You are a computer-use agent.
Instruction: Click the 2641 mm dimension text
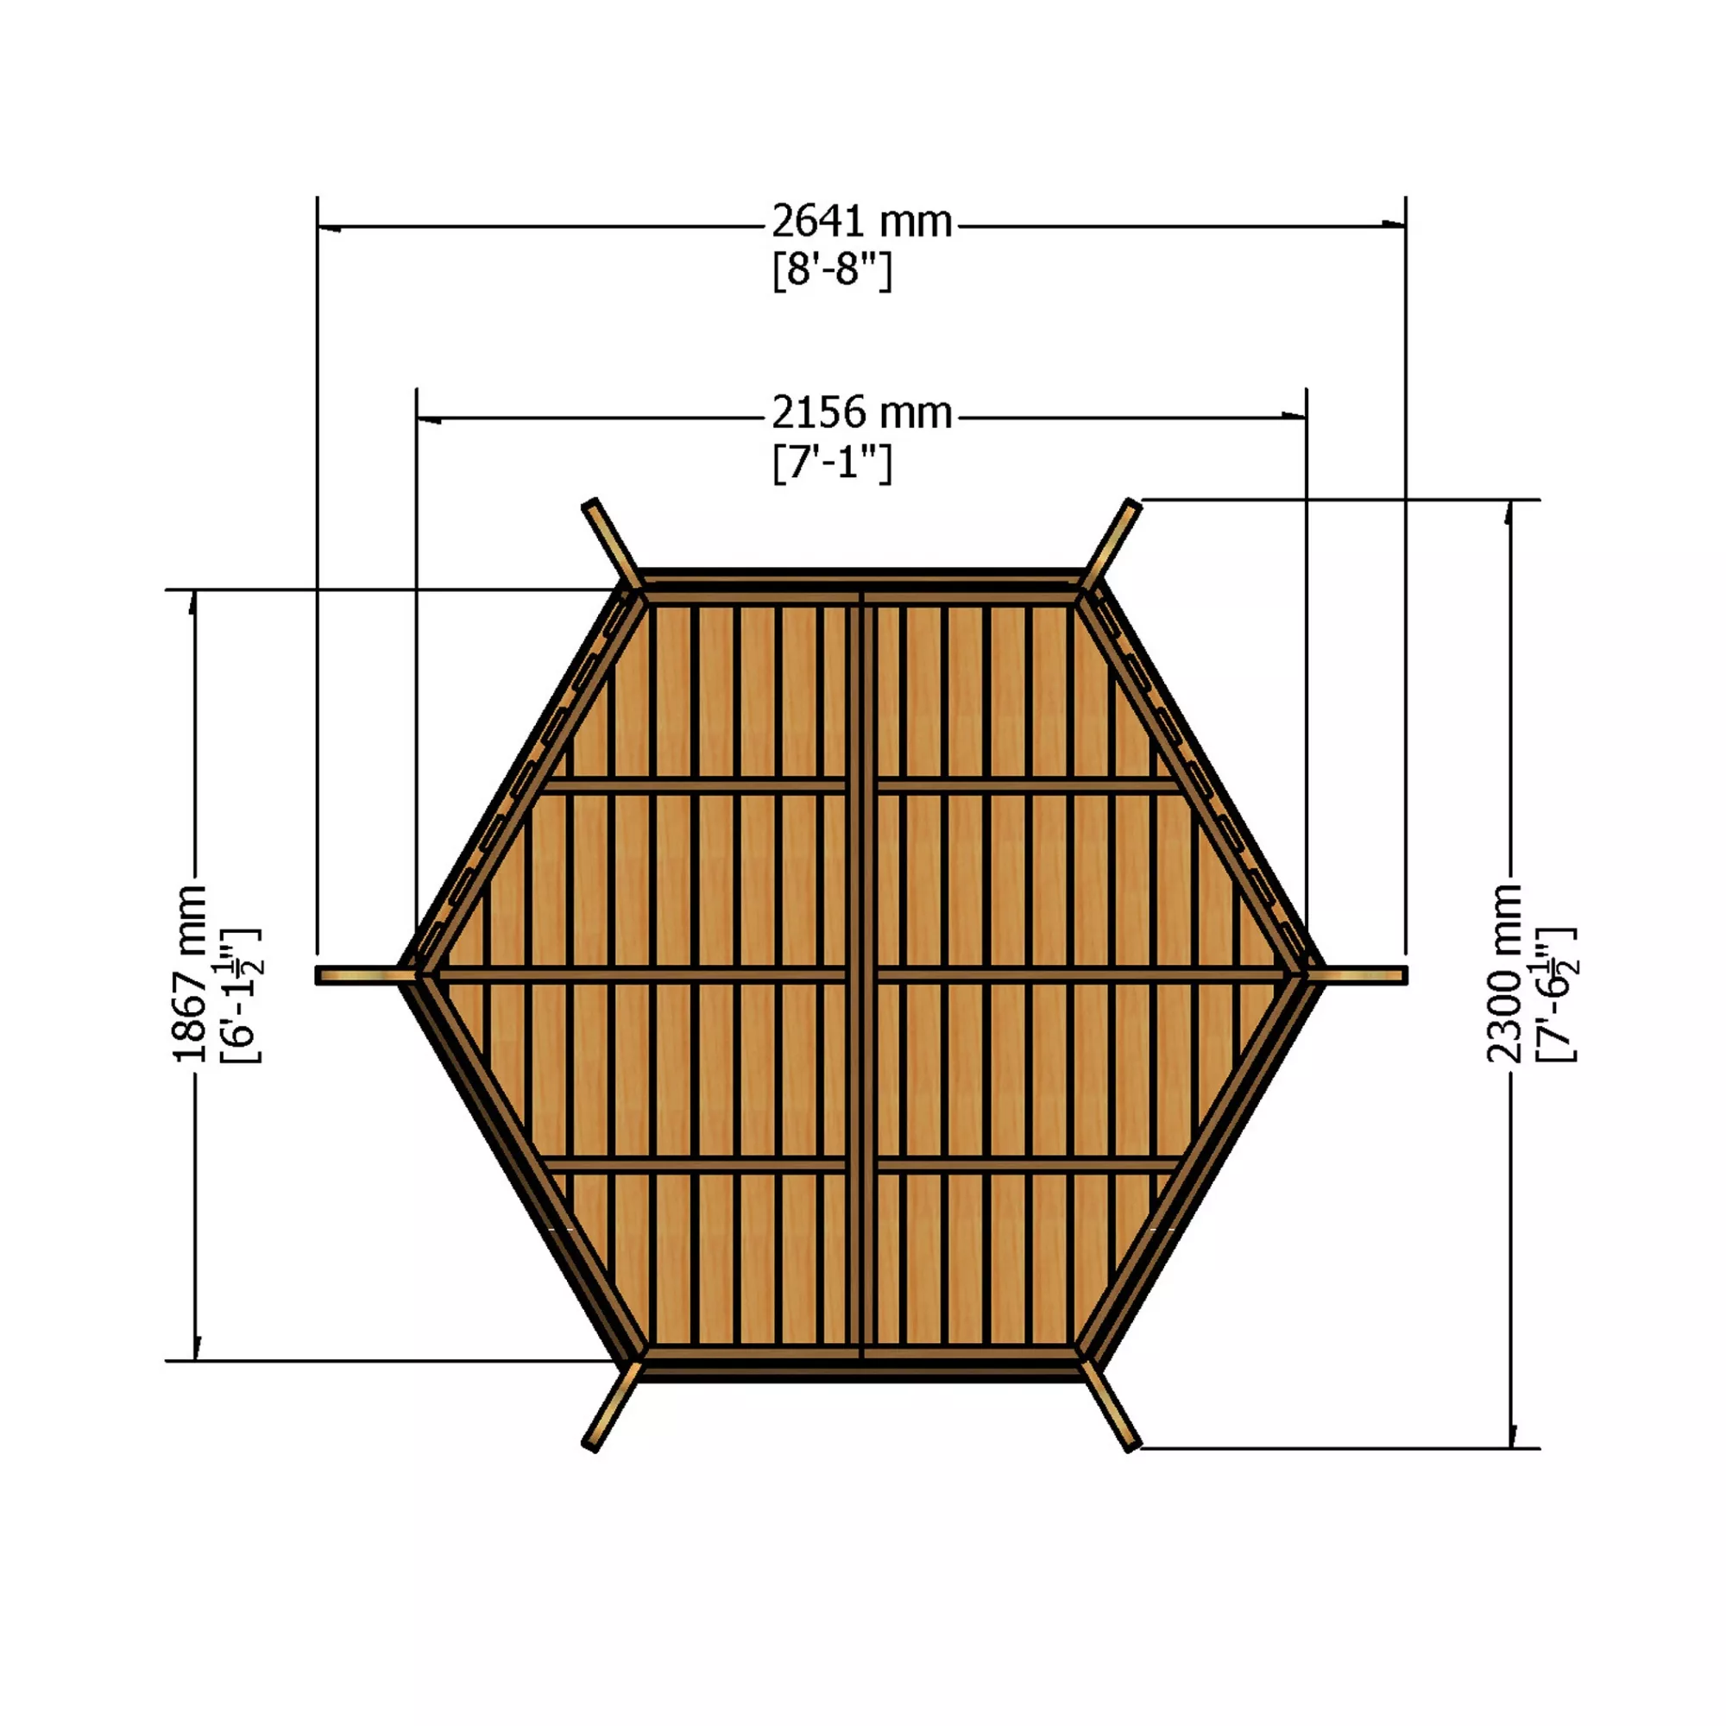(862, 222)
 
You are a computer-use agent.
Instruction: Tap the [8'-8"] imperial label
(832, 270)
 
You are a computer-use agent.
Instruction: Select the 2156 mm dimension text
(862, 413)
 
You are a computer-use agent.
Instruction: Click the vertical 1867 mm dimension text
(189, 973)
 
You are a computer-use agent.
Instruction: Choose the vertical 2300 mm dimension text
(1503, 973)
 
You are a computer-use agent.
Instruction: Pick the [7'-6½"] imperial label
(1555, 994)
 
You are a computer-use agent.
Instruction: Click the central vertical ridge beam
(861, 973)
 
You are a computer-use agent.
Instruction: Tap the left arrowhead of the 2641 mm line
(329, 228)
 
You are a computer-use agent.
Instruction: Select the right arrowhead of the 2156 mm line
(1294, 415)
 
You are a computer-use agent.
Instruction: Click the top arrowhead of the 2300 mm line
(1509, 512)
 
